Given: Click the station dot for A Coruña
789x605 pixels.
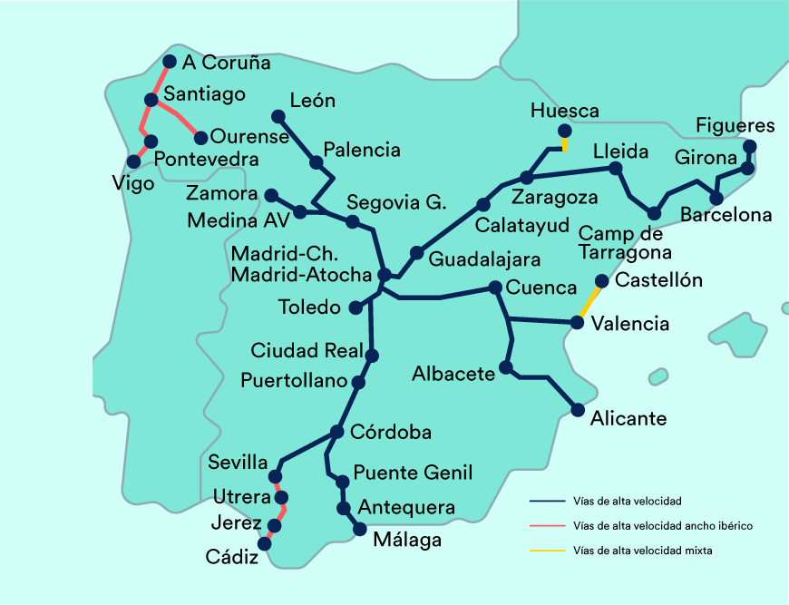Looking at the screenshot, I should (x=169, y=62).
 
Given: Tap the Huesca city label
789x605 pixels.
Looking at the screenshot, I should (x=565, y=111).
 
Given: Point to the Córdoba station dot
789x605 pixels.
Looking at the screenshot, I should (x=337, y=432).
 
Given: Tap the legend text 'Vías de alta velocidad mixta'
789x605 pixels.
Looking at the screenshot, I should (x=643, y=550).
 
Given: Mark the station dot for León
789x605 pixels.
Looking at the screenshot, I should (x=278, y=115).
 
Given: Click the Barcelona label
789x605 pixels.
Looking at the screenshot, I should (x=726, y=215).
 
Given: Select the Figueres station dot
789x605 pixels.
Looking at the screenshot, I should (x=749, y=146).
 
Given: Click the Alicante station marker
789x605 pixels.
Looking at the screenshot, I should (x=578, y=410).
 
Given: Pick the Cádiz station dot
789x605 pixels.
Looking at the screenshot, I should (x=265, y=543).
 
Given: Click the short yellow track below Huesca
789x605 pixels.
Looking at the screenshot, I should (x=565, y=143).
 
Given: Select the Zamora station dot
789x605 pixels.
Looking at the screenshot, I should (x=270, y=194).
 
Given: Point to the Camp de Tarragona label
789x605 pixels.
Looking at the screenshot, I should (x=625, y=242).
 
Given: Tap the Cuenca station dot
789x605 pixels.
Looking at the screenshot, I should (x=495, y=288).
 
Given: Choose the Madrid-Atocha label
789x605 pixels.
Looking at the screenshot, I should (x=301, y=274).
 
